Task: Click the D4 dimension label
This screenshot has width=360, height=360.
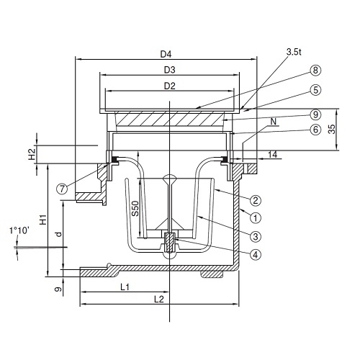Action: pyautogui.click(x=166, y=54)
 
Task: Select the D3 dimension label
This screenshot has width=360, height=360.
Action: pyautogui.click(x=170, y=70)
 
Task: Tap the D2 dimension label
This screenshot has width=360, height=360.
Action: pyautogui.click(x=170, y=86)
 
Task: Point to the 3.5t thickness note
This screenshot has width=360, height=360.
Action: pyautogui.click(x=294, y=52)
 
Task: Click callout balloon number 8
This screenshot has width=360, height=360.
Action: pyautogui.click(x=315, y=71)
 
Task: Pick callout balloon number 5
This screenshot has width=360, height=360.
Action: pyautogui.click(x=315, y=90)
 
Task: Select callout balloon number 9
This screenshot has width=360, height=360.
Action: pyautogui.click(x=315, y=114)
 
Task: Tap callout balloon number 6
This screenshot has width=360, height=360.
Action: pyautogui.click(x=315, y=130)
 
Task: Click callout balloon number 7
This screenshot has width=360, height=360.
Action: pyautogui.click(x=62, y=189)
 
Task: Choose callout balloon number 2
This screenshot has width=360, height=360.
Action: pyautogui.click(x=256, y=200)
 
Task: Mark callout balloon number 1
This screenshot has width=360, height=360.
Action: pyautogui.click(x=256, y=218)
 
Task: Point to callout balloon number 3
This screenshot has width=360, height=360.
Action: pyautogui.click(x=256, y=236)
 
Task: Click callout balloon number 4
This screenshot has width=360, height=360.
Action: pyautogui.click(x=256, y=254)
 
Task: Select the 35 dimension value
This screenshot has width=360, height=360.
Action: pyautogui.click(x=331, y=129)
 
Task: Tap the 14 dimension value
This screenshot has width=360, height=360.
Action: pyautogui.click(x=272, y=155)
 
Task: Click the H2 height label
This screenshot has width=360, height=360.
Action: pyautogui.click(x=32, y=154)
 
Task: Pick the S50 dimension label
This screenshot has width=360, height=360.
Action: pyautogui.click(x=135, y=208)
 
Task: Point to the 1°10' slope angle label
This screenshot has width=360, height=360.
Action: pyautogui.click(x=19, y=231)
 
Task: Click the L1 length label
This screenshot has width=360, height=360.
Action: pyautogui.click(x=125, y=287)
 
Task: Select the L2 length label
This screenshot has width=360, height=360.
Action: pyautogui.click(x=159, y=300)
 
